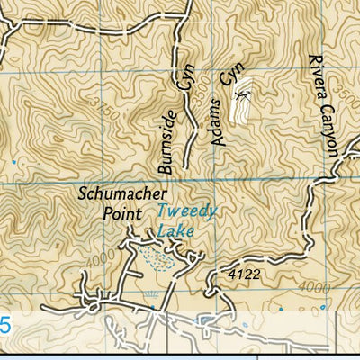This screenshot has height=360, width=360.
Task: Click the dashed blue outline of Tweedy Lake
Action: [x=158, y=260]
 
